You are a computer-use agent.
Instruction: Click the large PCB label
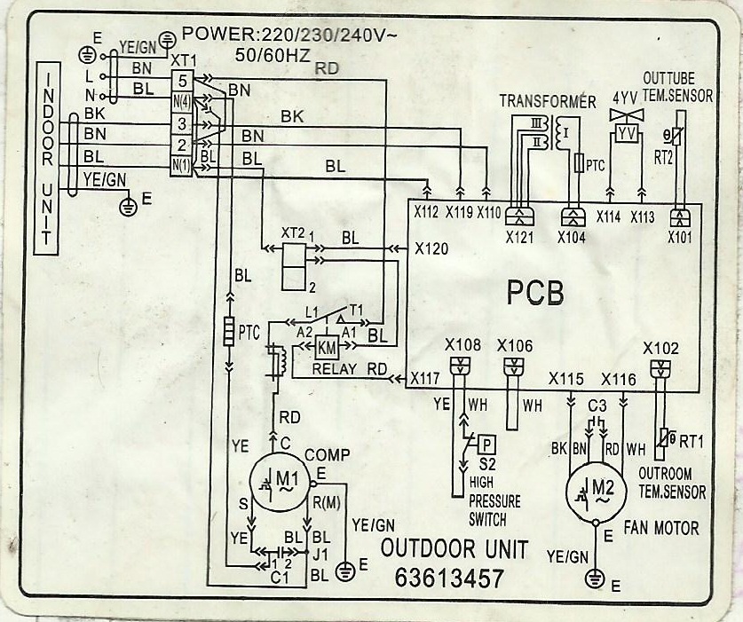(x=536, y=293)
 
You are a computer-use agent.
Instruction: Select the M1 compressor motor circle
(x=281, y=482)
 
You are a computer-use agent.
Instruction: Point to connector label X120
(x=431, y=250)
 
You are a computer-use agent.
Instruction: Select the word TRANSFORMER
(x=547, y=102)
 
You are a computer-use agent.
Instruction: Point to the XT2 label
(x=292, y=232)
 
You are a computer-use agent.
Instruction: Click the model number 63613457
(x=449, y=578)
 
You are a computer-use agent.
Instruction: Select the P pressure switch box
(x=486, y=441)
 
